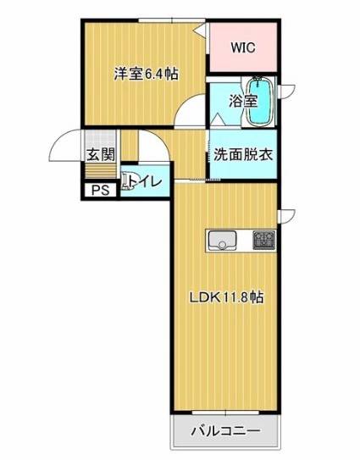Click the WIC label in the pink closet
[x=243, y=47]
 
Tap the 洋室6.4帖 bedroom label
[x=146, y=74]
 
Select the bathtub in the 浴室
[x=260, y=102]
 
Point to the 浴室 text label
[x=243, y=101]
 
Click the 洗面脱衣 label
[x=243, y=155]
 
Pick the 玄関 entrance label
[x=101, y=154]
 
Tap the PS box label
[x=100, y=191]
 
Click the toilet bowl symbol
[x=128, y=182]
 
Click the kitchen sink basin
[x=222, y=241]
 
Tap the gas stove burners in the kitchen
[x=264, y=241]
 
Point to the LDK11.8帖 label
[x=226, y=298]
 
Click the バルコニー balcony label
[x=226, y=431]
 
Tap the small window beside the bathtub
[x=286, y=91]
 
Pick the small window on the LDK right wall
[x=286, y=216]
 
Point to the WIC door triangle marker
[x=201, y=29]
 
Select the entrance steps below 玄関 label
[x=100, y=171]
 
